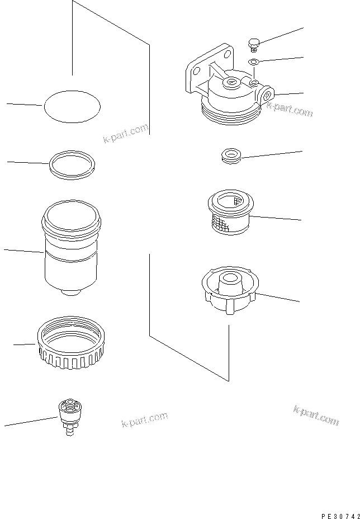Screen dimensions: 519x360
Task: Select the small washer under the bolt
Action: coord(253,61)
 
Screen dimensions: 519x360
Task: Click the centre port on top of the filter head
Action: coord(230,83)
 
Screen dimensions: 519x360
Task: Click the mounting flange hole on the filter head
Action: coord(196,70)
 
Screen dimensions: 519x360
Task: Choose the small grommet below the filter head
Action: coord(230,156)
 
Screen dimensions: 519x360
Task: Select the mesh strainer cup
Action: coord(229,213)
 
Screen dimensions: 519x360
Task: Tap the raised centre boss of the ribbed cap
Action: coord(230,278)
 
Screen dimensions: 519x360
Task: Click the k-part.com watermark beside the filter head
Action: coord(289,108)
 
